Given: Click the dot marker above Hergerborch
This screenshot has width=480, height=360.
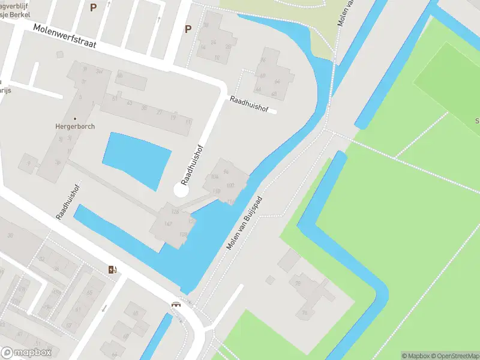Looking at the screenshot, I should (75, 118).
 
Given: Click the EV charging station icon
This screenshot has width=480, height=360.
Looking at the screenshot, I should (112, 269).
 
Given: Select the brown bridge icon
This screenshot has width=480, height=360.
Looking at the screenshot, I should (176, 304).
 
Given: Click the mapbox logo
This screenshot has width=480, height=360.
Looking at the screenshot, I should (26, 353).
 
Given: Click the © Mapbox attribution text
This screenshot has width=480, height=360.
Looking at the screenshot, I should (416, 356).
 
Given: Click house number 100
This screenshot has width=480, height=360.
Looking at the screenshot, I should (230, 185).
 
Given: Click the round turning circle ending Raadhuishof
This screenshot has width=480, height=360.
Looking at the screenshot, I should (181, 190).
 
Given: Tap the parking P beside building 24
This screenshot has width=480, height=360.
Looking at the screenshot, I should (188, 29).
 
